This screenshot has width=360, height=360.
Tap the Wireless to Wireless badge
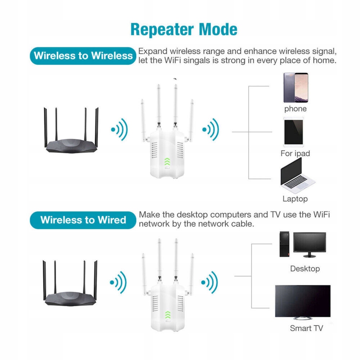point(83,55)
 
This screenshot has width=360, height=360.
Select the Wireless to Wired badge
point(83,220)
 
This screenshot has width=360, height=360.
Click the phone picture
point(296,88)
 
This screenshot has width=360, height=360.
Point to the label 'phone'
point(296,109)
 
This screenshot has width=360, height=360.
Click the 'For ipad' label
point(295,153)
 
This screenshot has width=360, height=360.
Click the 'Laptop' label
point(295,199)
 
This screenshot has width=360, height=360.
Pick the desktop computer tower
point(284,244)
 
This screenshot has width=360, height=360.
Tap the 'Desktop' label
point(305,269)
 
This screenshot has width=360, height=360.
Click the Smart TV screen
point(302,301)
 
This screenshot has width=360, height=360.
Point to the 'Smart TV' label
point(306,328)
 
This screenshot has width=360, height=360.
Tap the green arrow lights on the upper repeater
point(167,163)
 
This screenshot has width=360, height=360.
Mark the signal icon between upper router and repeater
point(120,129)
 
